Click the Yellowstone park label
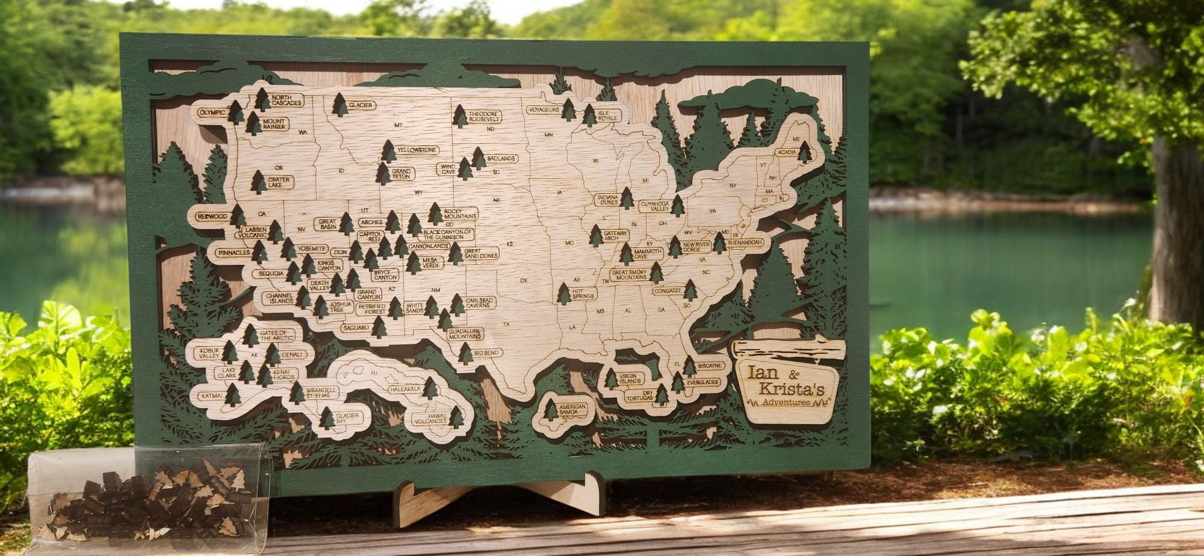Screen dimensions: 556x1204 click(417, 150)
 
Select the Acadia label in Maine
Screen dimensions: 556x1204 click(787, 152)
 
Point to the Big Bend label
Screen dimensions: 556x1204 click(486, 353)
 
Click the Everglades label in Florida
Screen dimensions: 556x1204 click(702, 382)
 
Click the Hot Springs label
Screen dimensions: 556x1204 click(583, 293)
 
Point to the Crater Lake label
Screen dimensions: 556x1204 click(279, 182)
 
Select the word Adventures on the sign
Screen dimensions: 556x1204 click(786, 402)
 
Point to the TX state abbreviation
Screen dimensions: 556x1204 click(506, 324)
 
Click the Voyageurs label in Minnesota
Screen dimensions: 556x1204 click(544, 110)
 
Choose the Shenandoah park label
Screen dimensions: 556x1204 click(745, 242)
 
